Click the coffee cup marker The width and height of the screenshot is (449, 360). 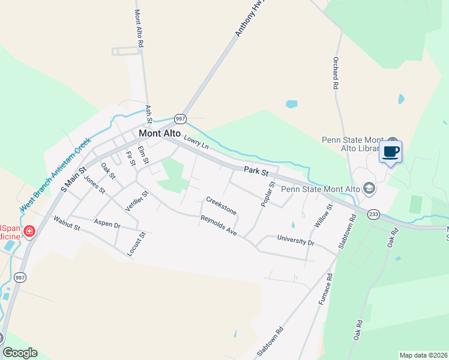[390, 152]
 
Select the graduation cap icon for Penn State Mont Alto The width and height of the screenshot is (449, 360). [369, 189]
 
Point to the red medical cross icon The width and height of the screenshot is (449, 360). [28, 231]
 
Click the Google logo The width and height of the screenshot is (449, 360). [20, 353]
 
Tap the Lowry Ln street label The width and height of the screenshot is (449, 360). [196, 142]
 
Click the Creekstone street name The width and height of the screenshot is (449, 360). [221, 205]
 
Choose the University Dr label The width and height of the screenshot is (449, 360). [295, 241]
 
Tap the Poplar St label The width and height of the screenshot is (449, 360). [267, 194]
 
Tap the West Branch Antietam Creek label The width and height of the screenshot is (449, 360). [55, 173]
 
